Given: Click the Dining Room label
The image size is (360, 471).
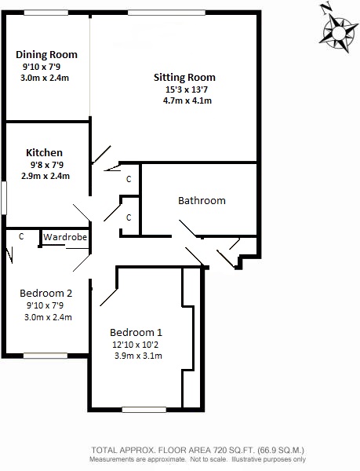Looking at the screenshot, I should point(47,54).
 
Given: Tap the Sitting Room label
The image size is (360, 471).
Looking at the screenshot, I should point(184,78).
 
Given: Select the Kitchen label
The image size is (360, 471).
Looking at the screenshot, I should point(44,152).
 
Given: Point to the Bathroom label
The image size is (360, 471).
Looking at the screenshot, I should point(202,200).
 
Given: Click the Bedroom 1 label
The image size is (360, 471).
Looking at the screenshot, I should point(136,330).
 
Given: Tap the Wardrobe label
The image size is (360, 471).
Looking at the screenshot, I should point(64,236).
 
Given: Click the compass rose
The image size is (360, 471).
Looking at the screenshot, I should point(336,33).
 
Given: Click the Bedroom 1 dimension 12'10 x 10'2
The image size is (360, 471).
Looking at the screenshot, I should point(136,344).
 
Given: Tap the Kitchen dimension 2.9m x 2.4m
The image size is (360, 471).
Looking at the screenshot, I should point(46,176).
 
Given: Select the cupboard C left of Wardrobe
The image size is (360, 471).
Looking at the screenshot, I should point(22,236).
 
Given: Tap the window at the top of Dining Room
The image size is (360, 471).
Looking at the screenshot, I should point(45,13).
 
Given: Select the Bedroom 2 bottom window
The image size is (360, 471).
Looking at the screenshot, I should point(45,355).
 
